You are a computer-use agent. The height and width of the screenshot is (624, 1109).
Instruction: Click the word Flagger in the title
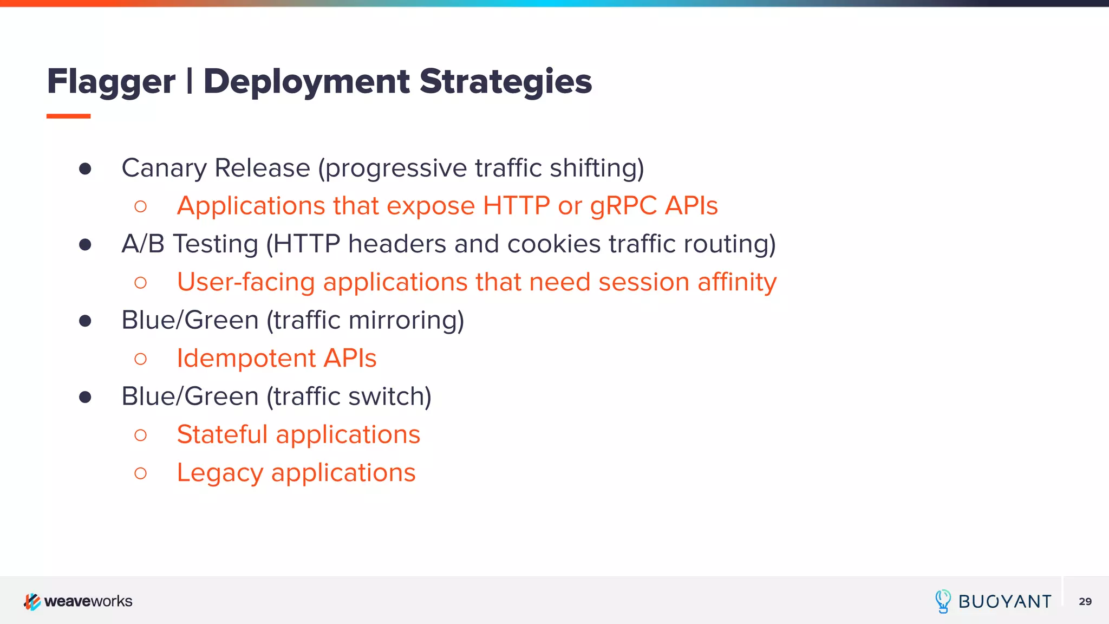pos(111,82)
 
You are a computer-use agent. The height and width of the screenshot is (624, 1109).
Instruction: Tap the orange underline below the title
pos(68,116)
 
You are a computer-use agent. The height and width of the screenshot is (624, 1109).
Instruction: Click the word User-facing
pos(246,282)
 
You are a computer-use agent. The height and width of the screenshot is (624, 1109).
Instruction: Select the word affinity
pos(737,282)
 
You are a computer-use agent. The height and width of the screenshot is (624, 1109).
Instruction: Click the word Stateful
pos(222,434)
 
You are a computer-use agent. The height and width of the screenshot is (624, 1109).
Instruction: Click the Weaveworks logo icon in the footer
pos(32,601)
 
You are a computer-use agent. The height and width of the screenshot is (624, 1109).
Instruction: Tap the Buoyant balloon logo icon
pos(943,601)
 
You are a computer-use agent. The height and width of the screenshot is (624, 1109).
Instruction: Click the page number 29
pos(1085,601)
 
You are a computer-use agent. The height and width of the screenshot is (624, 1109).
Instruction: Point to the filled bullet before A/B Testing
pos(85,245)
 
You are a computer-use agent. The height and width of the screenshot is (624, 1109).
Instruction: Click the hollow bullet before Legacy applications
pos(140,473)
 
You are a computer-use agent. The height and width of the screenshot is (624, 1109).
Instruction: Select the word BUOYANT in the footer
pos(1004,602)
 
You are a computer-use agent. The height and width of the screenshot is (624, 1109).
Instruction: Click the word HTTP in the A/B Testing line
pos(306,244)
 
